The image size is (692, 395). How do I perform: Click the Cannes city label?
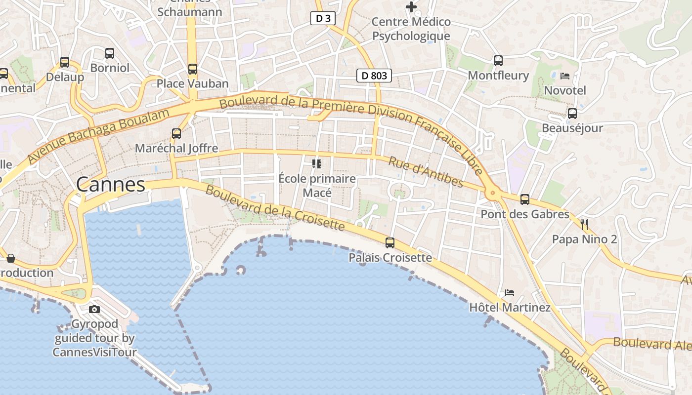[x=111, y=185]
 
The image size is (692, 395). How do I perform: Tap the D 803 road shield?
[x=374, y=76]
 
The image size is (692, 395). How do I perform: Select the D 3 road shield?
[x=323, y=19]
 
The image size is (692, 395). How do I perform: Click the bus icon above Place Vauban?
[x=193, y=69]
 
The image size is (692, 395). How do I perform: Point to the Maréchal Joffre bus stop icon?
[x=176, y=133]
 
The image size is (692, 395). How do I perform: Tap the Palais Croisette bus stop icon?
[x=390, y=242]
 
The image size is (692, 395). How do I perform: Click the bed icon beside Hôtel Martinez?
[x=510, y=293]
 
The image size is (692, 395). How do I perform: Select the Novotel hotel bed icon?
[x=565, y=76]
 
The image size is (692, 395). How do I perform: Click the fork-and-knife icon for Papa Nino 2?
[x=584, y=225]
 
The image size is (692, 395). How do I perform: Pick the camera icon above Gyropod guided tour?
[x=94, y=310]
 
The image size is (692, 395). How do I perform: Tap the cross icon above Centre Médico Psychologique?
[x=411, y=7]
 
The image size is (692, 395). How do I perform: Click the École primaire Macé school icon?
[x=317, y=163]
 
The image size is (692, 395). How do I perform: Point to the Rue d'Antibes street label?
[x=426, y=172]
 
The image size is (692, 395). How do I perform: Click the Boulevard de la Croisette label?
[x=274, y=208]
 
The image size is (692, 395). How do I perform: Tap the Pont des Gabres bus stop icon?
[x=525, y=199]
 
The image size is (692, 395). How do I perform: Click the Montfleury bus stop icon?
[x=498, y=61]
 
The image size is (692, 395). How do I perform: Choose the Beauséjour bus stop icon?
[x=572, y=114]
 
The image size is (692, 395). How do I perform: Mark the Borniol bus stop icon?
[x=110, y=53]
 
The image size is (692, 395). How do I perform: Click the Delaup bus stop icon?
[x=65, y=62]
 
